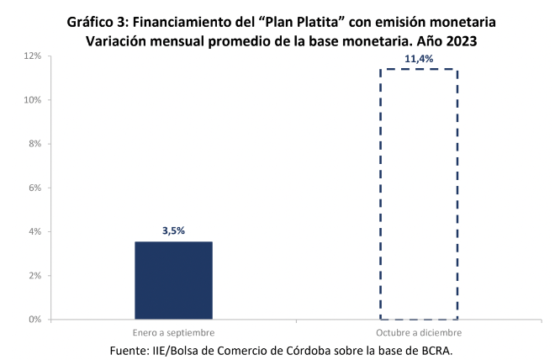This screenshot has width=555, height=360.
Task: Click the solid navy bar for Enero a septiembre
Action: [173, 280]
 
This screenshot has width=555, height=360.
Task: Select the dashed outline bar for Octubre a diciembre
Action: [419, 193]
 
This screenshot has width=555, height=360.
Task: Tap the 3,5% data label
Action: [173, 229]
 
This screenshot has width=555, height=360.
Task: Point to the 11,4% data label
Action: [419, 59]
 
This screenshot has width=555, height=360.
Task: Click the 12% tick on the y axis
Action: [32, 56]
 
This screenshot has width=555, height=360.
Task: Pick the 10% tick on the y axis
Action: [32, 100]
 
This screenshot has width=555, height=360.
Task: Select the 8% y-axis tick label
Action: [34, 144]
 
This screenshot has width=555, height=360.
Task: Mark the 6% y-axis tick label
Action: [34, 188]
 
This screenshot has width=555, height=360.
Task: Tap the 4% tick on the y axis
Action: [34, 231]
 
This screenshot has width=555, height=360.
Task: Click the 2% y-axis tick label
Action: [34, 275]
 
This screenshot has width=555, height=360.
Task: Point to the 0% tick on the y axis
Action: [34, 320]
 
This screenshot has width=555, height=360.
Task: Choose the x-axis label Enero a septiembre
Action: [173, 333]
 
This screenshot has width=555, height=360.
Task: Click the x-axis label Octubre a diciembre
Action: [419, 333]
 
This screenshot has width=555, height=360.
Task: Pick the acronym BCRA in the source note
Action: [441, 349]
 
